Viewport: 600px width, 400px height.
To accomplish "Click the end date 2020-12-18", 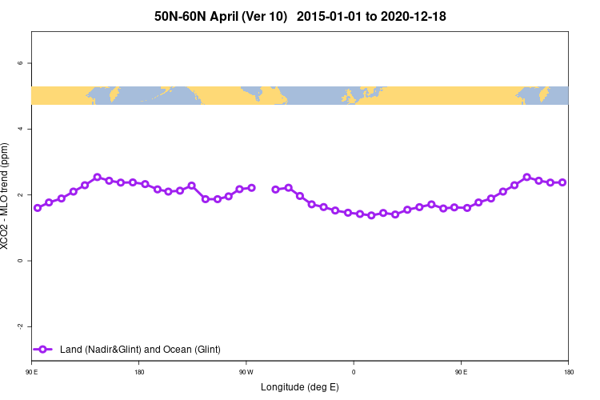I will (414, 16).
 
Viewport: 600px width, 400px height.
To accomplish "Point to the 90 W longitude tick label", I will (246, 372).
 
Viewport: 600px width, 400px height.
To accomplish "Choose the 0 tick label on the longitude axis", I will (354, 372).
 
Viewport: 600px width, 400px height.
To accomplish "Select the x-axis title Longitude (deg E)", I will (300, 387).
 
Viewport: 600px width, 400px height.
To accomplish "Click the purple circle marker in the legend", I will (44, 350).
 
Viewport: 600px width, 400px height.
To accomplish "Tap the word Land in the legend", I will (71, 350).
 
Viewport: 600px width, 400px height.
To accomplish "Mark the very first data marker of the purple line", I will (38, 208).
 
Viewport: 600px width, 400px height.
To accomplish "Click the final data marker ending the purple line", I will (562, 182).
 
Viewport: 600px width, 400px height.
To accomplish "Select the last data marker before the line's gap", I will (251, 188).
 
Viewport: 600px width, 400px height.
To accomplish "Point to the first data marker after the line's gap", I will (276, 190).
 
